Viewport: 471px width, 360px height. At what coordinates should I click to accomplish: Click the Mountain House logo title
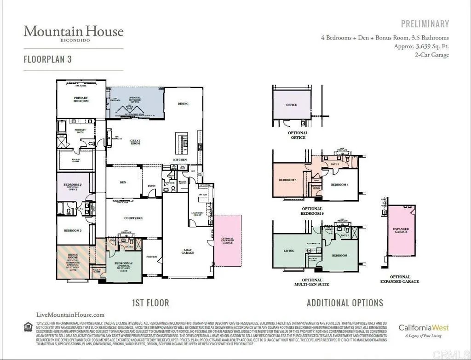74,31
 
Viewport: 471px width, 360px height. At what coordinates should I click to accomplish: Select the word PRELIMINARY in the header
425,24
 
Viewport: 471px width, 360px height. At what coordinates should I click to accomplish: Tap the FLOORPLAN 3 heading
48,59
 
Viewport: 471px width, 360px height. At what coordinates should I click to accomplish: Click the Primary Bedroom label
81,99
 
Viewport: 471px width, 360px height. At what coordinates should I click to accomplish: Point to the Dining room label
183,104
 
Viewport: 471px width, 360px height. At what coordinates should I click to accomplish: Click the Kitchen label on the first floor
180,160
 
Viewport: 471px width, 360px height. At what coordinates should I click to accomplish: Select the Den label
123,183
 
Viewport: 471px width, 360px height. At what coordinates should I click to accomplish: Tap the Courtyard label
133,218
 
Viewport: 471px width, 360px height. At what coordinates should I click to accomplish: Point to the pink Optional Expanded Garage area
228,240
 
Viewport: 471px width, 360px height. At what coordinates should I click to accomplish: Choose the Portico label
152,257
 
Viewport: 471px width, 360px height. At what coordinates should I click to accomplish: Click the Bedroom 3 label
73,231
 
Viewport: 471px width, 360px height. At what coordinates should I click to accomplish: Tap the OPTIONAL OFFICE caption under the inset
298,135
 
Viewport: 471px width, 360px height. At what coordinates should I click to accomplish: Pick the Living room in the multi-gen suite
289,251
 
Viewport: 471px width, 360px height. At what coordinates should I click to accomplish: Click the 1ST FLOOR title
150,303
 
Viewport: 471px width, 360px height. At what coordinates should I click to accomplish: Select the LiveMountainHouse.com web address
70,315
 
